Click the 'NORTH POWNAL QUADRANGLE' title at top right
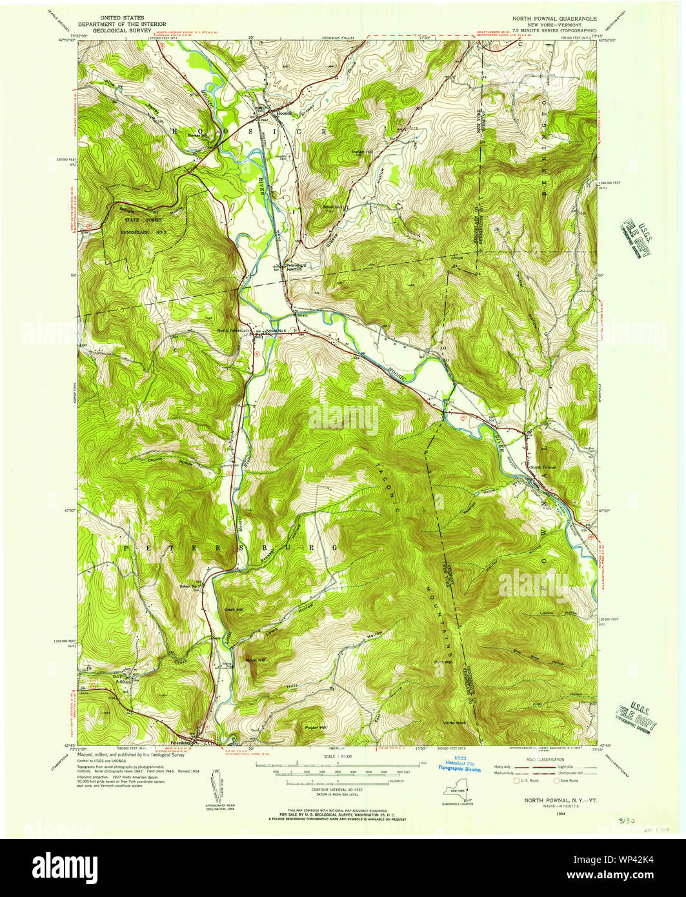[x=554, y=19]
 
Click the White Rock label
[x=454, y=722]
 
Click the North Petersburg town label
[x=233, y=330]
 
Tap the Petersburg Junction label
[x=299, y=267]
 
